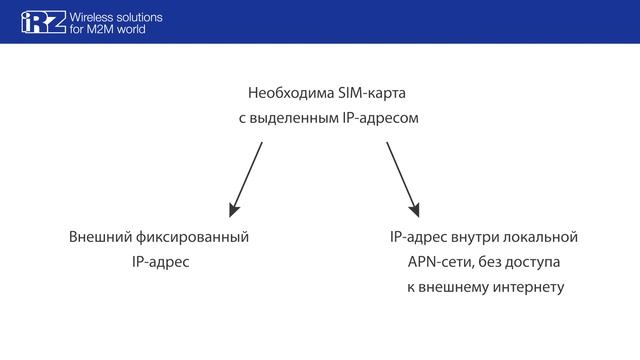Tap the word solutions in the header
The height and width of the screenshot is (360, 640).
(x=139, y=17)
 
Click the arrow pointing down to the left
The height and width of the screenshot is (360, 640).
(x=246, y=179)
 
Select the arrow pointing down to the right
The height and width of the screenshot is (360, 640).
(x=402, y=179)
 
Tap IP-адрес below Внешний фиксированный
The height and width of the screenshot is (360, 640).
(x=159, y=262)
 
